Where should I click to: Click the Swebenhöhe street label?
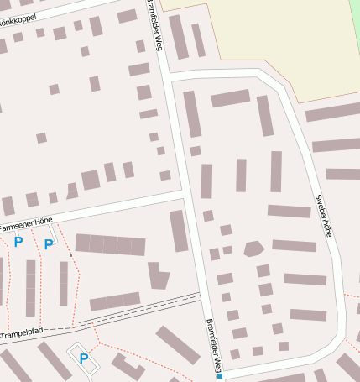coord(324,216)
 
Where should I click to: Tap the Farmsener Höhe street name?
coord(27,223)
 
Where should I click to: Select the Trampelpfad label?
coord(22,335)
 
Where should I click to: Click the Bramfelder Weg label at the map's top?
coord(155,25)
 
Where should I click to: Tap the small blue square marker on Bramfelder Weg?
coord(220,376)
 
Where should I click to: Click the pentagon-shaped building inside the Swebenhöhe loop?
coord(253,248)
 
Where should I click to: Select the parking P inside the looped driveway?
coord(84,358)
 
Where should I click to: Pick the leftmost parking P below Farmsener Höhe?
coord(18,243)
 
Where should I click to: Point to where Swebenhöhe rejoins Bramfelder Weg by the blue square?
coord(222,370)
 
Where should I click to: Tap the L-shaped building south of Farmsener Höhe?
coord(157,275)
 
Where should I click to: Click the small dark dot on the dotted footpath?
coord(70,254)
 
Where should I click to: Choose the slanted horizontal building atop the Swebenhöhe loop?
coord(230,98)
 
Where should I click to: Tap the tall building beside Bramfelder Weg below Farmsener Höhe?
coord(179,230)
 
